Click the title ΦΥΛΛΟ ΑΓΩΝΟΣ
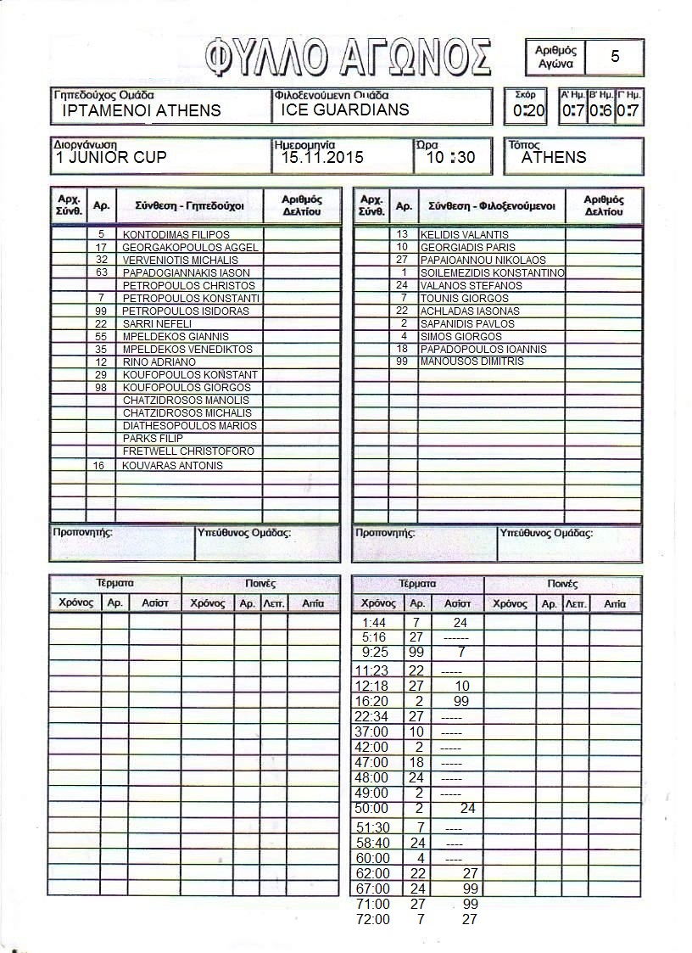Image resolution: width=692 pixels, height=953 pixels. point(348,57)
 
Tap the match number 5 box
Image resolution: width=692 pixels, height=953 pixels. point(614,57)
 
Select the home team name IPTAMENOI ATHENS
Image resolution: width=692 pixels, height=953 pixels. point(142,110)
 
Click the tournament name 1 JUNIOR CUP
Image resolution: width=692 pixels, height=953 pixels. point(111,157)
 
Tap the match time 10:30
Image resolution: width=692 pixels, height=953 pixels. point(450,157)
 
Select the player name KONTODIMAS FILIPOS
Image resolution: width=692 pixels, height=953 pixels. point(176,234)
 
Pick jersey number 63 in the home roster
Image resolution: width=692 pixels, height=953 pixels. point(101,272)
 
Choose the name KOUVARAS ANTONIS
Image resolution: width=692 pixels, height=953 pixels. point(173,465)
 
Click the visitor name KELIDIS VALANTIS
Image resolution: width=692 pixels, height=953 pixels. point(465,234)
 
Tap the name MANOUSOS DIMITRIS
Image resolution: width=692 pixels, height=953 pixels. point(472,362)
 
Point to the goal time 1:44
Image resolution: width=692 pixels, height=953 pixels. point(374,622)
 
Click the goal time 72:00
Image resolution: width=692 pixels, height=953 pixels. point(374,919)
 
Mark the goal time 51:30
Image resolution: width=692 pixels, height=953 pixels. point(374,827)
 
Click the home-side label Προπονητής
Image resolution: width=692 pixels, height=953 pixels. point(82,533)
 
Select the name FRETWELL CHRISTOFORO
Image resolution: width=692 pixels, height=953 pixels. point(188,451)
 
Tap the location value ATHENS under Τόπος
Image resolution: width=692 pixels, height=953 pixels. point(554,157)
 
